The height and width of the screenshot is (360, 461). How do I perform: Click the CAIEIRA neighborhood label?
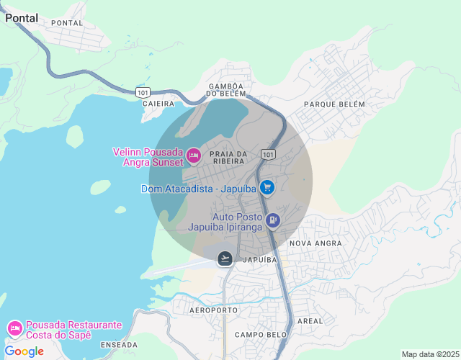(x=158, y=104)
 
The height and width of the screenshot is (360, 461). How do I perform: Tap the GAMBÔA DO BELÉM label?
(x=226, y=89)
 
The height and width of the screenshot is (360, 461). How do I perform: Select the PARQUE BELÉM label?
(x=334, y=104)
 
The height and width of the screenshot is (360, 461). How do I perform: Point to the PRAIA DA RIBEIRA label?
(x=228, y=158)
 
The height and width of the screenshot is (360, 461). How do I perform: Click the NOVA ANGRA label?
(x=315, y=243)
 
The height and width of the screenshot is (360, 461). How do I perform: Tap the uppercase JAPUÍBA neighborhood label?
(x=260, y=259)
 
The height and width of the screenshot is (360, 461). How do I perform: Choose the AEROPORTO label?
(x=213, y=310)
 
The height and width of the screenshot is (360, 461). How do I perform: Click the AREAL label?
(x=310, y=320)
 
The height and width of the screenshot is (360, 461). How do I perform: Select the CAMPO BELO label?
(x=261, y=335)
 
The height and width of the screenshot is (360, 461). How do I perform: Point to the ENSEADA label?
(x=119, y=346)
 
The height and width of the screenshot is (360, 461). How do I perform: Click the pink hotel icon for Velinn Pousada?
(x=193, y=155)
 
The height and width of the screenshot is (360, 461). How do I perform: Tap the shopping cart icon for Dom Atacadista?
(x=267, y=188)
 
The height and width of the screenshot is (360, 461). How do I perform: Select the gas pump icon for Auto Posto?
(x=272, y=220)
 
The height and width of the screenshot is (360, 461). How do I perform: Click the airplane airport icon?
(x=225, y=258)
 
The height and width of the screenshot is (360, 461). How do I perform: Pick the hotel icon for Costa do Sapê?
(x=14, y=329)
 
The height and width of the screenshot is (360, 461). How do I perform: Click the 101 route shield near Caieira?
(x=143, y=92)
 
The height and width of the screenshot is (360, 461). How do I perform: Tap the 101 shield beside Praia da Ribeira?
(x=268, y=155)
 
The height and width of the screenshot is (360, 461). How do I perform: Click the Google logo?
(x=24, y=351)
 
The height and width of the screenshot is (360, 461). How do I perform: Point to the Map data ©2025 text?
(x=429, y=354)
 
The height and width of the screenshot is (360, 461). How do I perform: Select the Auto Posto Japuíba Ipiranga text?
(x=225, y=221)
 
